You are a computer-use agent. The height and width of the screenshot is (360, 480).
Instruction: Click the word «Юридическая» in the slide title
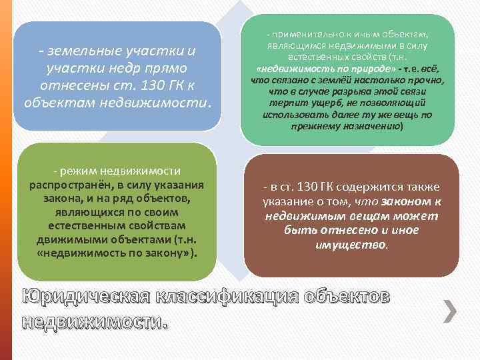(x=81, y=297)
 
